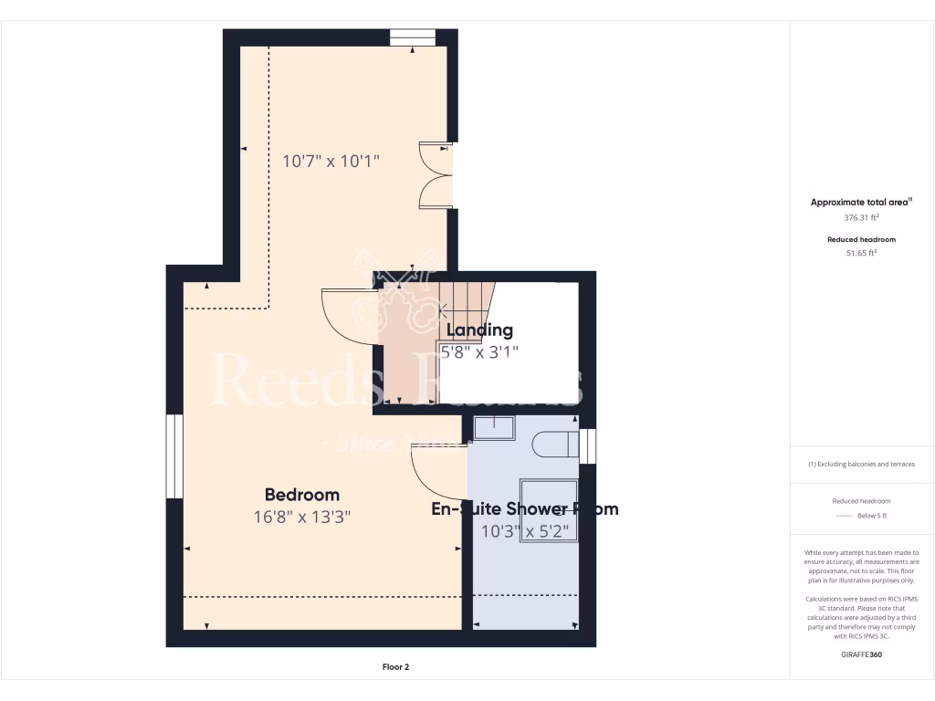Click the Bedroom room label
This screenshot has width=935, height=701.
[301, 495]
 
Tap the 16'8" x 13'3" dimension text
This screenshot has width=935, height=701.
[302, 517]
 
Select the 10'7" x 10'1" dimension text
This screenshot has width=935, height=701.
[331, 162]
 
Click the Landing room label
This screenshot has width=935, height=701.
[479, 330]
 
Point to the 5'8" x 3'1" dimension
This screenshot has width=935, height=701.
[479, 351]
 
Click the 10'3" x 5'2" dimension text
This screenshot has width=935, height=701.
[525, 530]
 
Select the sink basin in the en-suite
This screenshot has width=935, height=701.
[494, 427]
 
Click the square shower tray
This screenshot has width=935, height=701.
[549, 509]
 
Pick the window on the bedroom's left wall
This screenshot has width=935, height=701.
[173, 456]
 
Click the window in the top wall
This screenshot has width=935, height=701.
[412, 37]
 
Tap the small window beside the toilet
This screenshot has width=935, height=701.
[589, 445]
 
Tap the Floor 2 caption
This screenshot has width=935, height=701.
[395, 667]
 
